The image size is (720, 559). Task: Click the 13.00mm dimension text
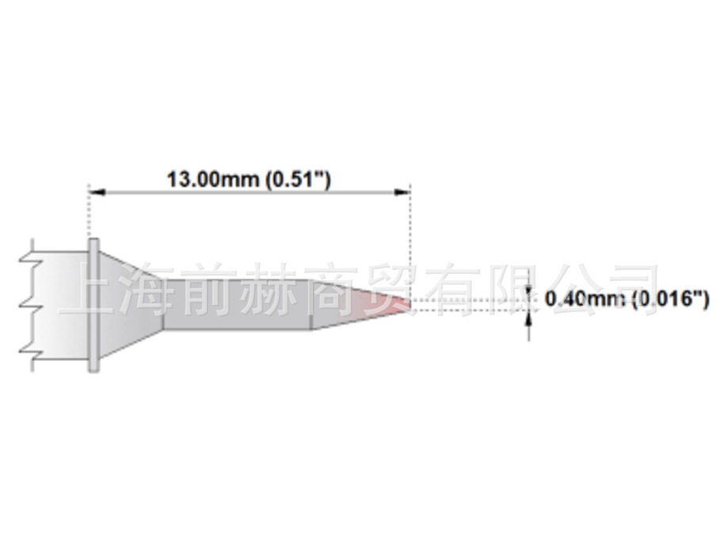[213, 180]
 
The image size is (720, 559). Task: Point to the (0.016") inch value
[671, 299]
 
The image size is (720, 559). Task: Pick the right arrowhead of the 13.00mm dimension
[402, 192]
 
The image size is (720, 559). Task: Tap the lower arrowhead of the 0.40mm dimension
[529, 319]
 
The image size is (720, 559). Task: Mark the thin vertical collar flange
[93, 305]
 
